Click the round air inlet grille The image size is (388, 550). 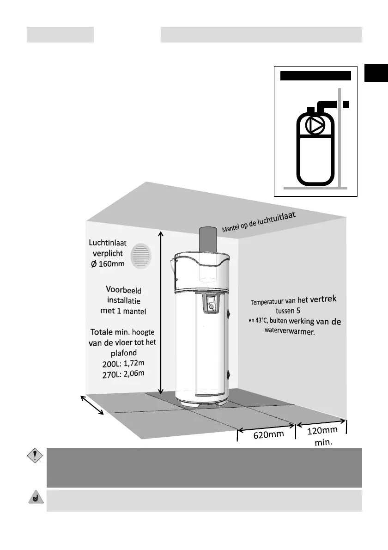(141, 256)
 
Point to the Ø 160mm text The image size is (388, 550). (109, 263)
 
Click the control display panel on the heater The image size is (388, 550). (211, 304)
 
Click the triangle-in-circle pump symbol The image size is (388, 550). (315, 126)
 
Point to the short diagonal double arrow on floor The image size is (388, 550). (93, 405)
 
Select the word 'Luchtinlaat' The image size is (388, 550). (108, 243)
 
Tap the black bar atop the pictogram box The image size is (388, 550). (316, 76)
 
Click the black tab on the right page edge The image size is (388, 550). (376, 73)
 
